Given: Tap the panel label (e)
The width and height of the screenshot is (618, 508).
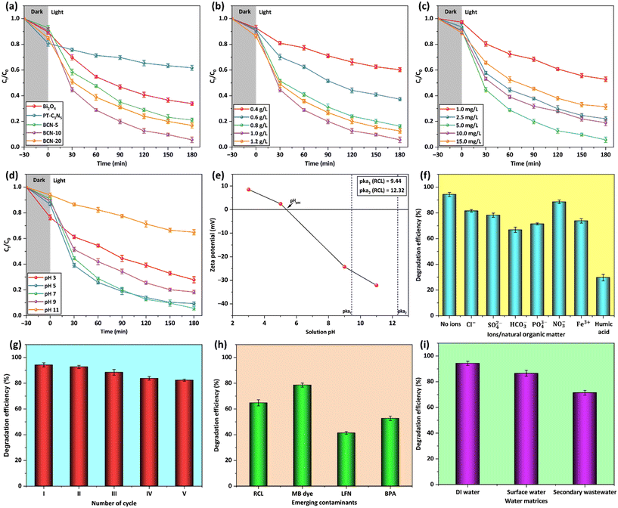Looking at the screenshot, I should click(x=221, y=179).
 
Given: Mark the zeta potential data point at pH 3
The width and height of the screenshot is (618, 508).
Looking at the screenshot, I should click(x=248, y=190).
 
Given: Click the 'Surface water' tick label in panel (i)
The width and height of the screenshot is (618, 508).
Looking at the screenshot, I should click(x=504, y=482).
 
